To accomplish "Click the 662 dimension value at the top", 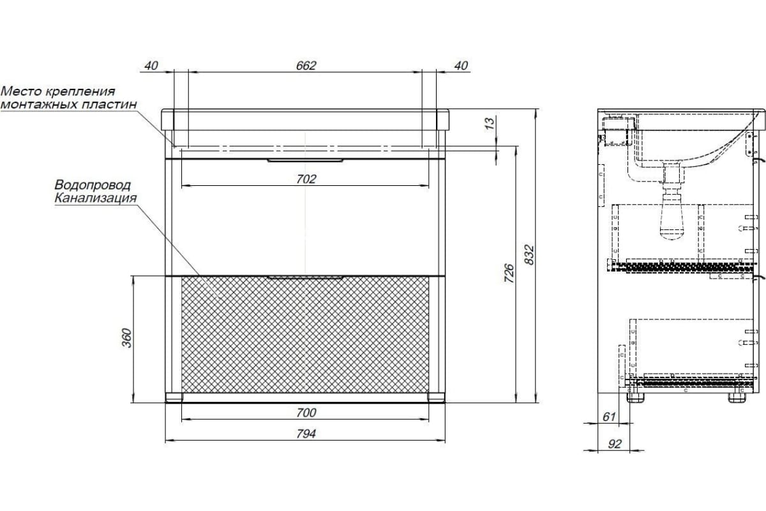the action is [306, 65].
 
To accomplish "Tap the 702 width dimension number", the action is [306, 179].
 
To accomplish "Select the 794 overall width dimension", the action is [306, 434].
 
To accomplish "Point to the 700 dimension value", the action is [306, 413].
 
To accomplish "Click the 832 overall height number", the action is [529, 254].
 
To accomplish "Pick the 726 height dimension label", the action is [509, 273].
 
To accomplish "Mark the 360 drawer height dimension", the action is [126, 338].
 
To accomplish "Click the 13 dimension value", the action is [490, 123].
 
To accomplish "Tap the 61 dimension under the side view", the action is [609, 416].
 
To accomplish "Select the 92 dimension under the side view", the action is [615, 444].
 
